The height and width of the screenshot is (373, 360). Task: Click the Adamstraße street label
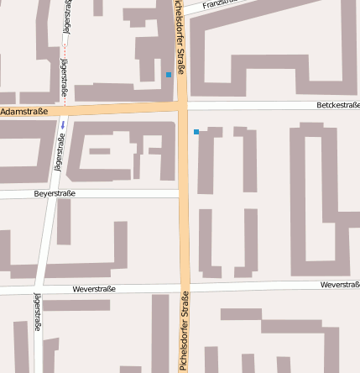pos(24,111)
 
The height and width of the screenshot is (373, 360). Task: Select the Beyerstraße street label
pos(55,193)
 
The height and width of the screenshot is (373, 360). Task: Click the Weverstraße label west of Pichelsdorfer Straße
pos(94,288)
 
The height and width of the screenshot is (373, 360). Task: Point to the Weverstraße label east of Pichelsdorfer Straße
pos(340,285)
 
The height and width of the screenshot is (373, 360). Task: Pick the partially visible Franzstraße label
pos(221,4)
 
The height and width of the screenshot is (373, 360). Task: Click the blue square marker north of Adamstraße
pos(169,75)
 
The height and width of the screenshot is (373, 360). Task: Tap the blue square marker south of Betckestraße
pos(196,132)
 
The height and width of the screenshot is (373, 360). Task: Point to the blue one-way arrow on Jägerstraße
pos(62,125)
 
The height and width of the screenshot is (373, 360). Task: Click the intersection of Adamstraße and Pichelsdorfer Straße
pos(181,108)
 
